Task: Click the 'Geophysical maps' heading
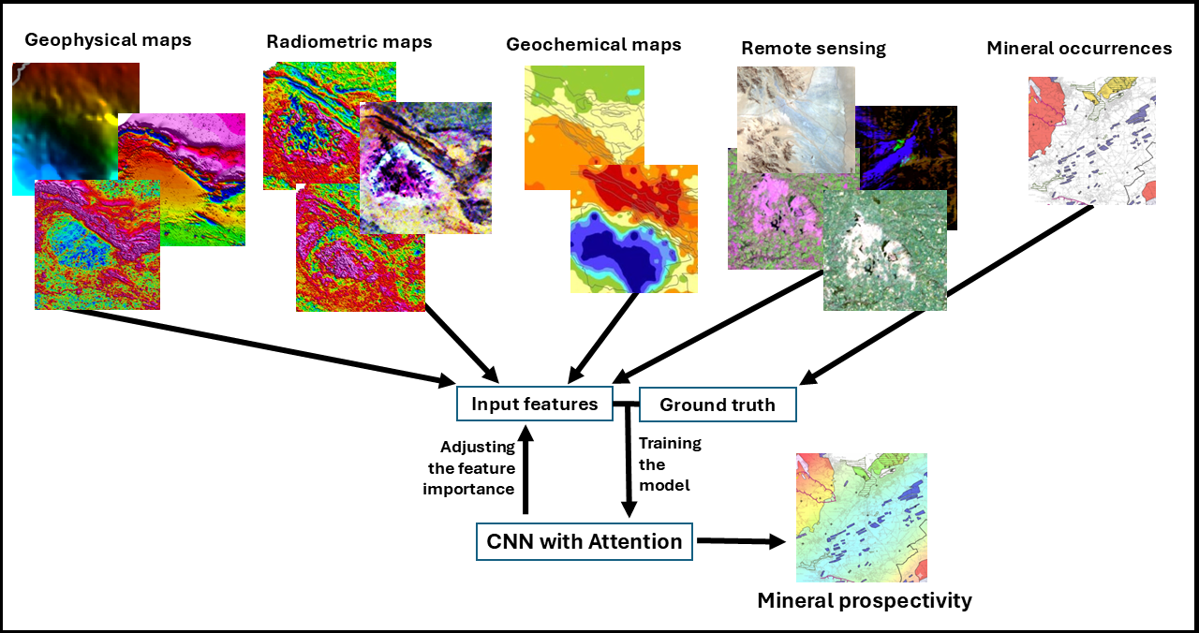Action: point(108,40)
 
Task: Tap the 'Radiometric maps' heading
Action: point(349,41)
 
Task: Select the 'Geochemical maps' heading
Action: point(594,44)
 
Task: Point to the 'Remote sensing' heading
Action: point(813,48)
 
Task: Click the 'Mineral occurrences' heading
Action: point(1079,48)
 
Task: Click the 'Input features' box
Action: point(534,405)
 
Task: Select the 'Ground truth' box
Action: point(718,405)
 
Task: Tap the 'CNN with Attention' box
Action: point(585,541)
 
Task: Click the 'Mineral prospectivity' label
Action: point(865,600)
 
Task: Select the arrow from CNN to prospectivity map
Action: point(740,540)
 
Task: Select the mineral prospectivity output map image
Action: point(861,518)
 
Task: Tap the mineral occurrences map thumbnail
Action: point(1091,140)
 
